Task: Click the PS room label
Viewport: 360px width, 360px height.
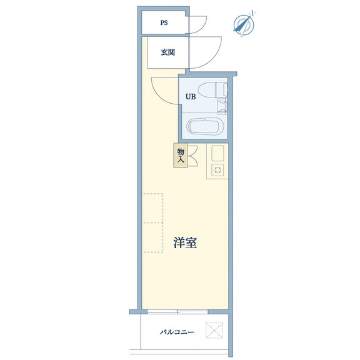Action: tap(164, 22)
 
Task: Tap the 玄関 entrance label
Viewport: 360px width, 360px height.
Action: tap(168, 52)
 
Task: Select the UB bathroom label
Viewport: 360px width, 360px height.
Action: tap(191, 97)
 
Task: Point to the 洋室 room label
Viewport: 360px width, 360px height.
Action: tap(185, 242)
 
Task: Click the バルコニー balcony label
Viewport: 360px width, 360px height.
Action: tap(177, 332)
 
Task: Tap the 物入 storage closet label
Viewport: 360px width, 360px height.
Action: tap(181, 156)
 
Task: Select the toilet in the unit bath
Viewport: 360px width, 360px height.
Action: tap(212, 90)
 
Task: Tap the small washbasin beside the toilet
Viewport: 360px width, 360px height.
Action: tap(222, 106)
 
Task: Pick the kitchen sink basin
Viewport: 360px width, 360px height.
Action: tap(217, 153)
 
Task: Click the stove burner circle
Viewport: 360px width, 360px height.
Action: tap(217, 170)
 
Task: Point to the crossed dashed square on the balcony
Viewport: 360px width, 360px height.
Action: tap(214, 331)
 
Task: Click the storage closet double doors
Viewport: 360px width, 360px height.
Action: tap(192, 156)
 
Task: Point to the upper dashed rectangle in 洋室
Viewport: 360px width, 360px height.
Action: tap(152, 208)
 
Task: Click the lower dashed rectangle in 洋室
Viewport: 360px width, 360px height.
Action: tap(152, 237)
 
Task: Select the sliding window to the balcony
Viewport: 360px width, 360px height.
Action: tap(177, 311)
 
